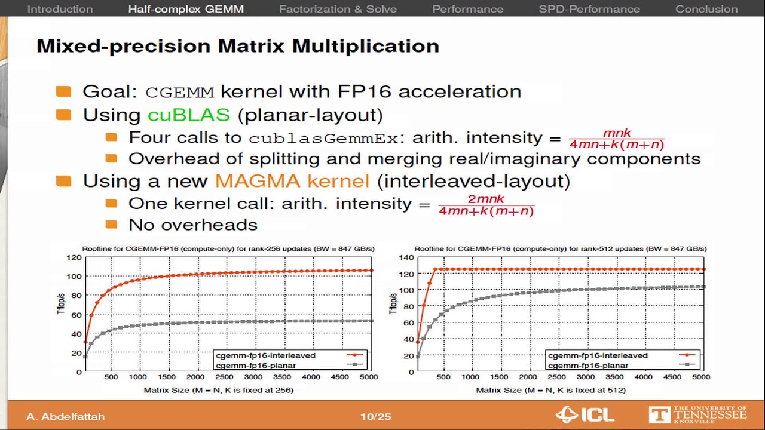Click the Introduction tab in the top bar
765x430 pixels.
(x=60, y=9)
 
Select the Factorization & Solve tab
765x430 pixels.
(x=338, y=9)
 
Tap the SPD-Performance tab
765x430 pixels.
(x=589, y=9)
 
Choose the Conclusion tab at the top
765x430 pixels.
(x=706, y=9)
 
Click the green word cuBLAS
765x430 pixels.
(x=188, y=115)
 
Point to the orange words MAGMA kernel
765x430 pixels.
(x=292, y=180)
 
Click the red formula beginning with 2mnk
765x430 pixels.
(x=486, y=205)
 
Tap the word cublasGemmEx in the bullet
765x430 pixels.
(x=323, y=138)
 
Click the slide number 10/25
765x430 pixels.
(x=375, y=416)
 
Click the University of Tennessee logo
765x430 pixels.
(x=697, y=414)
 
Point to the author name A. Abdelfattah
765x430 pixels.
(x=65, y=416)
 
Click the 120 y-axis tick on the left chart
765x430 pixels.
(x=74, y=257)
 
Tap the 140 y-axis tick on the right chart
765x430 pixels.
(x=406, y=257)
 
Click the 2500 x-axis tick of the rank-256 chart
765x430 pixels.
(x=224, y=377)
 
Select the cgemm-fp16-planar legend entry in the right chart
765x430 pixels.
(x=588, y=365)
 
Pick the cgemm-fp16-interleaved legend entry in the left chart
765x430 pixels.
(x=265, y=355)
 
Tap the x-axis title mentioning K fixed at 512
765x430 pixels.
(x=550, y=390)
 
